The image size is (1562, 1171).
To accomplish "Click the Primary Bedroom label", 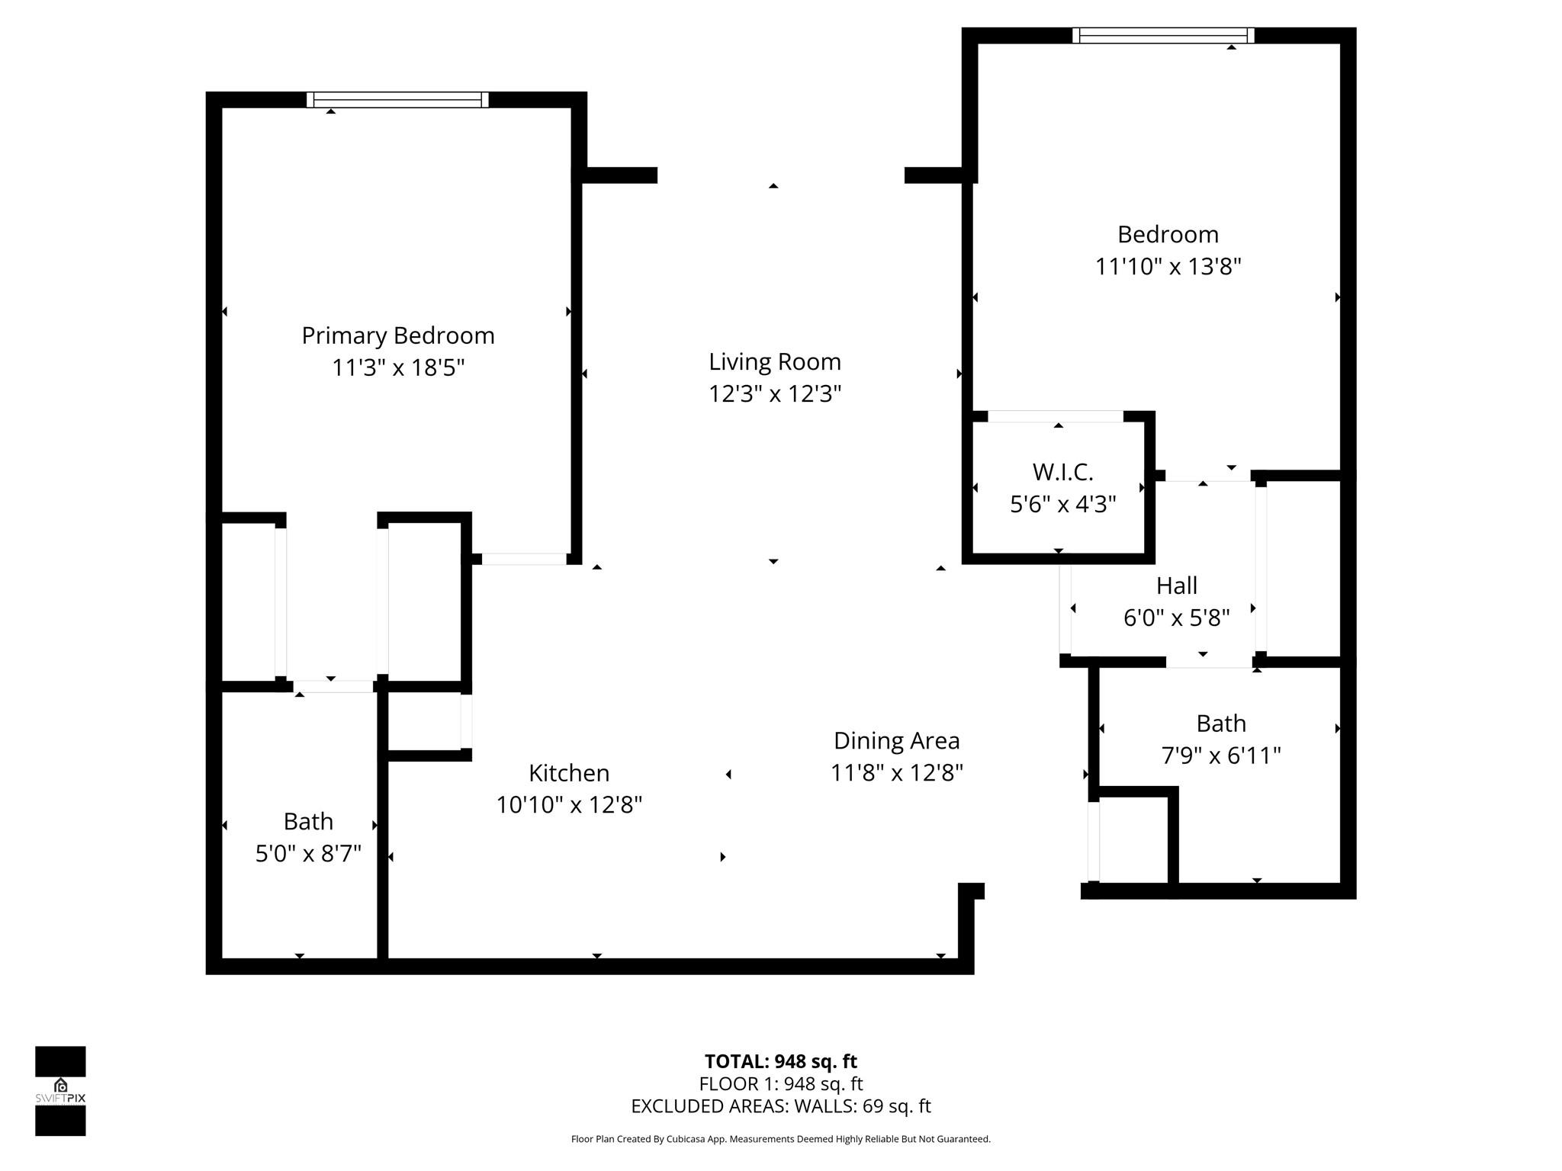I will (397, 335).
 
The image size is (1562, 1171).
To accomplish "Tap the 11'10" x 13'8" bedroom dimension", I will (1168, 267).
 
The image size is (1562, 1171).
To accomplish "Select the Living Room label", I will (774, 361).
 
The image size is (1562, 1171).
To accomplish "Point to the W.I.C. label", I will (1062, 472).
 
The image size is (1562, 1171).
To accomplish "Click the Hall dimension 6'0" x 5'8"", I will (1176, 618).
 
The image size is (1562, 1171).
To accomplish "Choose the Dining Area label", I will (896, 740).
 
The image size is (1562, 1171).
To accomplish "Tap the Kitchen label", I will (569, 773).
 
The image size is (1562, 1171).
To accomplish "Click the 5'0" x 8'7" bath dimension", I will (308, 853).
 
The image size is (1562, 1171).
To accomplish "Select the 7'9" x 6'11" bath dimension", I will (1220, 756).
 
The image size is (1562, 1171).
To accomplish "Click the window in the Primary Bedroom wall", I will (397, 99).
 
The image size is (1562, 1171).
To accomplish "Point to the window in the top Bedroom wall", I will (1163, 35).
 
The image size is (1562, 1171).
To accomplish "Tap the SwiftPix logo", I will (60, 1090).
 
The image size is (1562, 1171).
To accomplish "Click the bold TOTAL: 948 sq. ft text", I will (780, 1061).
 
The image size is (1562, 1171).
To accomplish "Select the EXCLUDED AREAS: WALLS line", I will (780, 1106).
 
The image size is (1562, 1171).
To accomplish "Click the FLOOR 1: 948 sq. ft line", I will (780, 1083).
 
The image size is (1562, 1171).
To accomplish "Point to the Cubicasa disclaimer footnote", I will (780, 1139).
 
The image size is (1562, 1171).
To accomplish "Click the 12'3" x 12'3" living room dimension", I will (774, 394).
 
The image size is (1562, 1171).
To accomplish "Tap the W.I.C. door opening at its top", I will (1056, 416).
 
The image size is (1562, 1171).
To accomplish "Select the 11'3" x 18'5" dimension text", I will (397, 368).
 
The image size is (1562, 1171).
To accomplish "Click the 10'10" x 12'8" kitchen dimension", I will (569, 805).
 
